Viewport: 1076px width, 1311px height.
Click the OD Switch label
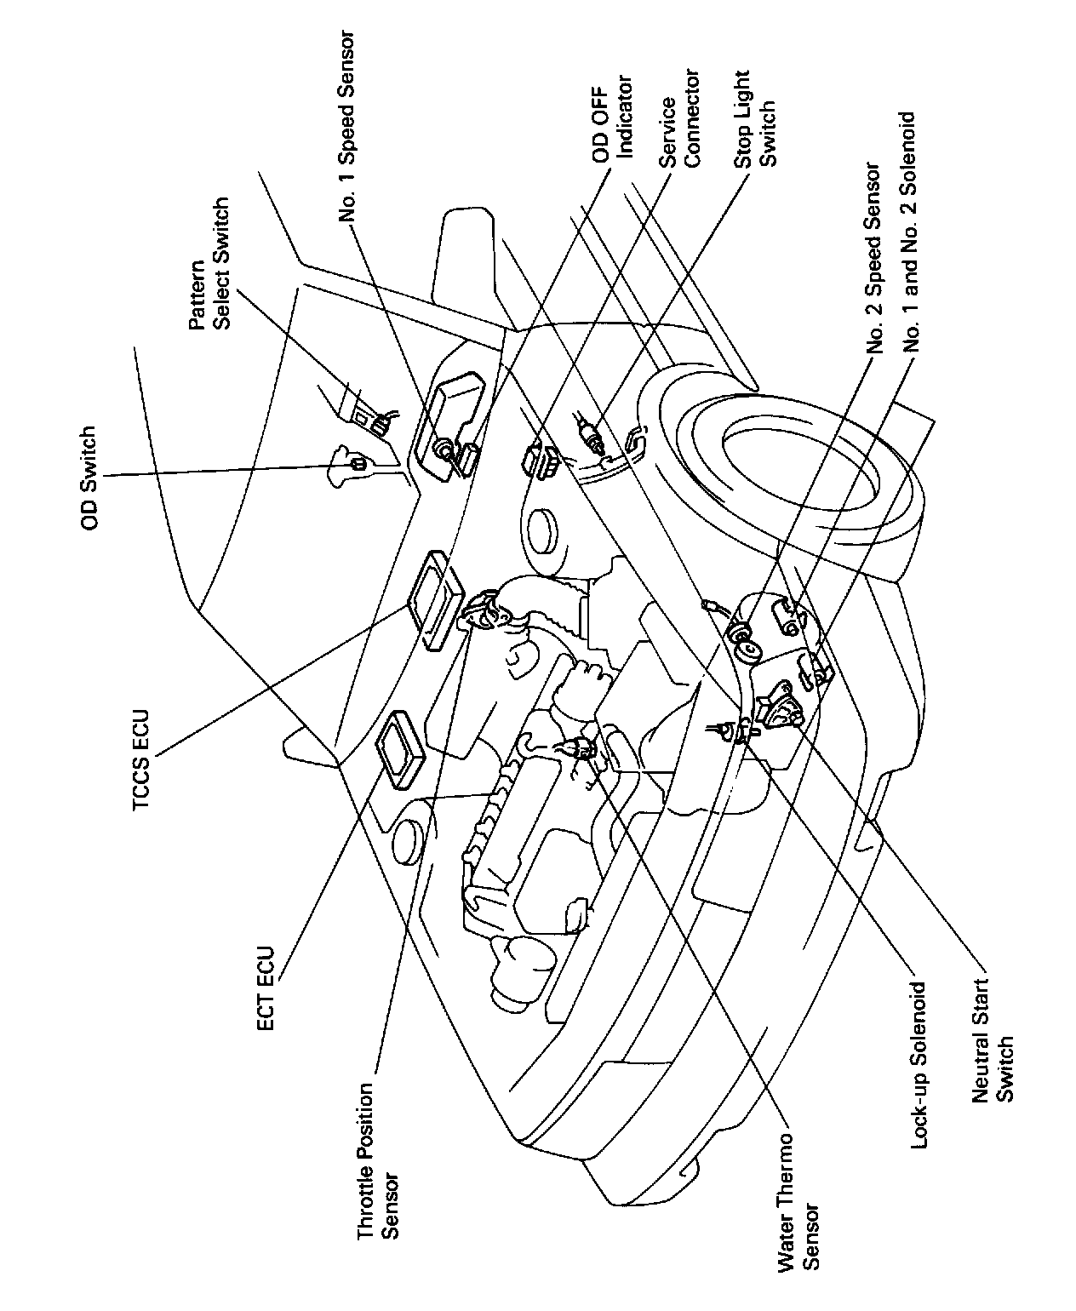tap(89, 478)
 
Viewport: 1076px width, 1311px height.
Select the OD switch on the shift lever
tap(358, 462)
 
